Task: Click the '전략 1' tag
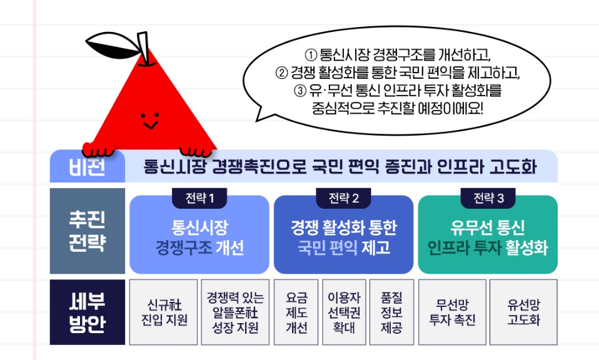tap(199, 198)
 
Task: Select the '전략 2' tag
tap(343, 198)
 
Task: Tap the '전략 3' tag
tap(488, 198)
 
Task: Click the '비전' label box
tap(88, 166)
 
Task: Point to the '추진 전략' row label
tap(88, 231)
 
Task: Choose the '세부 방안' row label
tap(88, 312)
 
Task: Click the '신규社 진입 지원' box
tap(163, 312)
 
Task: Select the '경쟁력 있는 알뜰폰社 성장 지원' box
tap(235, 312)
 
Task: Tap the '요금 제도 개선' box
tap(296, 312)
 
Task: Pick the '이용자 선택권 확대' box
tap(344, 312)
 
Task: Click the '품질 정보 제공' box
tap(391, 312)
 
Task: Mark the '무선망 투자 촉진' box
tap(452, 312)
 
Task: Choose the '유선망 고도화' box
tap(524, 312)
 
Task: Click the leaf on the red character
tap(111, 44)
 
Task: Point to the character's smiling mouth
tap(150, 125)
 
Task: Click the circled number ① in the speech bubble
tap(311, 55)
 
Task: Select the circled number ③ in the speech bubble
tap(300, 91)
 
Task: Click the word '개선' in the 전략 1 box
tap(230, 247)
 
